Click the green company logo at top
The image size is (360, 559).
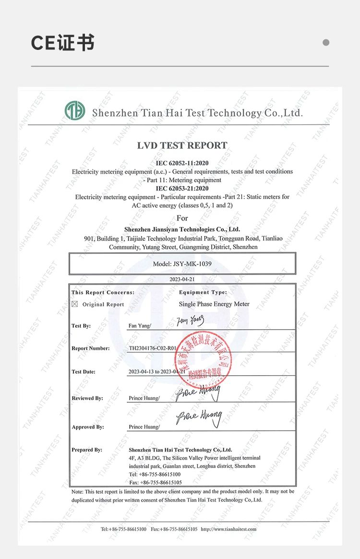75,111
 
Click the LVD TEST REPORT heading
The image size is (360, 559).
182,145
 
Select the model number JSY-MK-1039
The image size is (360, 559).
182,263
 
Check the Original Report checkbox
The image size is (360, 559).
74,304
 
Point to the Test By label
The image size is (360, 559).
81,326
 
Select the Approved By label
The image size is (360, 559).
88,427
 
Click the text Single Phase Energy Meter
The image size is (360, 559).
214,304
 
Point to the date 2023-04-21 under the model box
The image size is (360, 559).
182,279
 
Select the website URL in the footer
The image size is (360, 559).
228,529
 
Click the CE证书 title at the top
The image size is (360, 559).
63,43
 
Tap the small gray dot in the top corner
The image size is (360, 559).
326,42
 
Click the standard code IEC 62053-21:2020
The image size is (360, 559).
182,188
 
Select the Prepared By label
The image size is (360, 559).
87,450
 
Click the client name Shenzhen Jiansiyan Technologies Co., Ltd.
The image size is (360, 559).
182,229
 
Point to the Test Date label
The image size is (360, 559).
84,371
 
